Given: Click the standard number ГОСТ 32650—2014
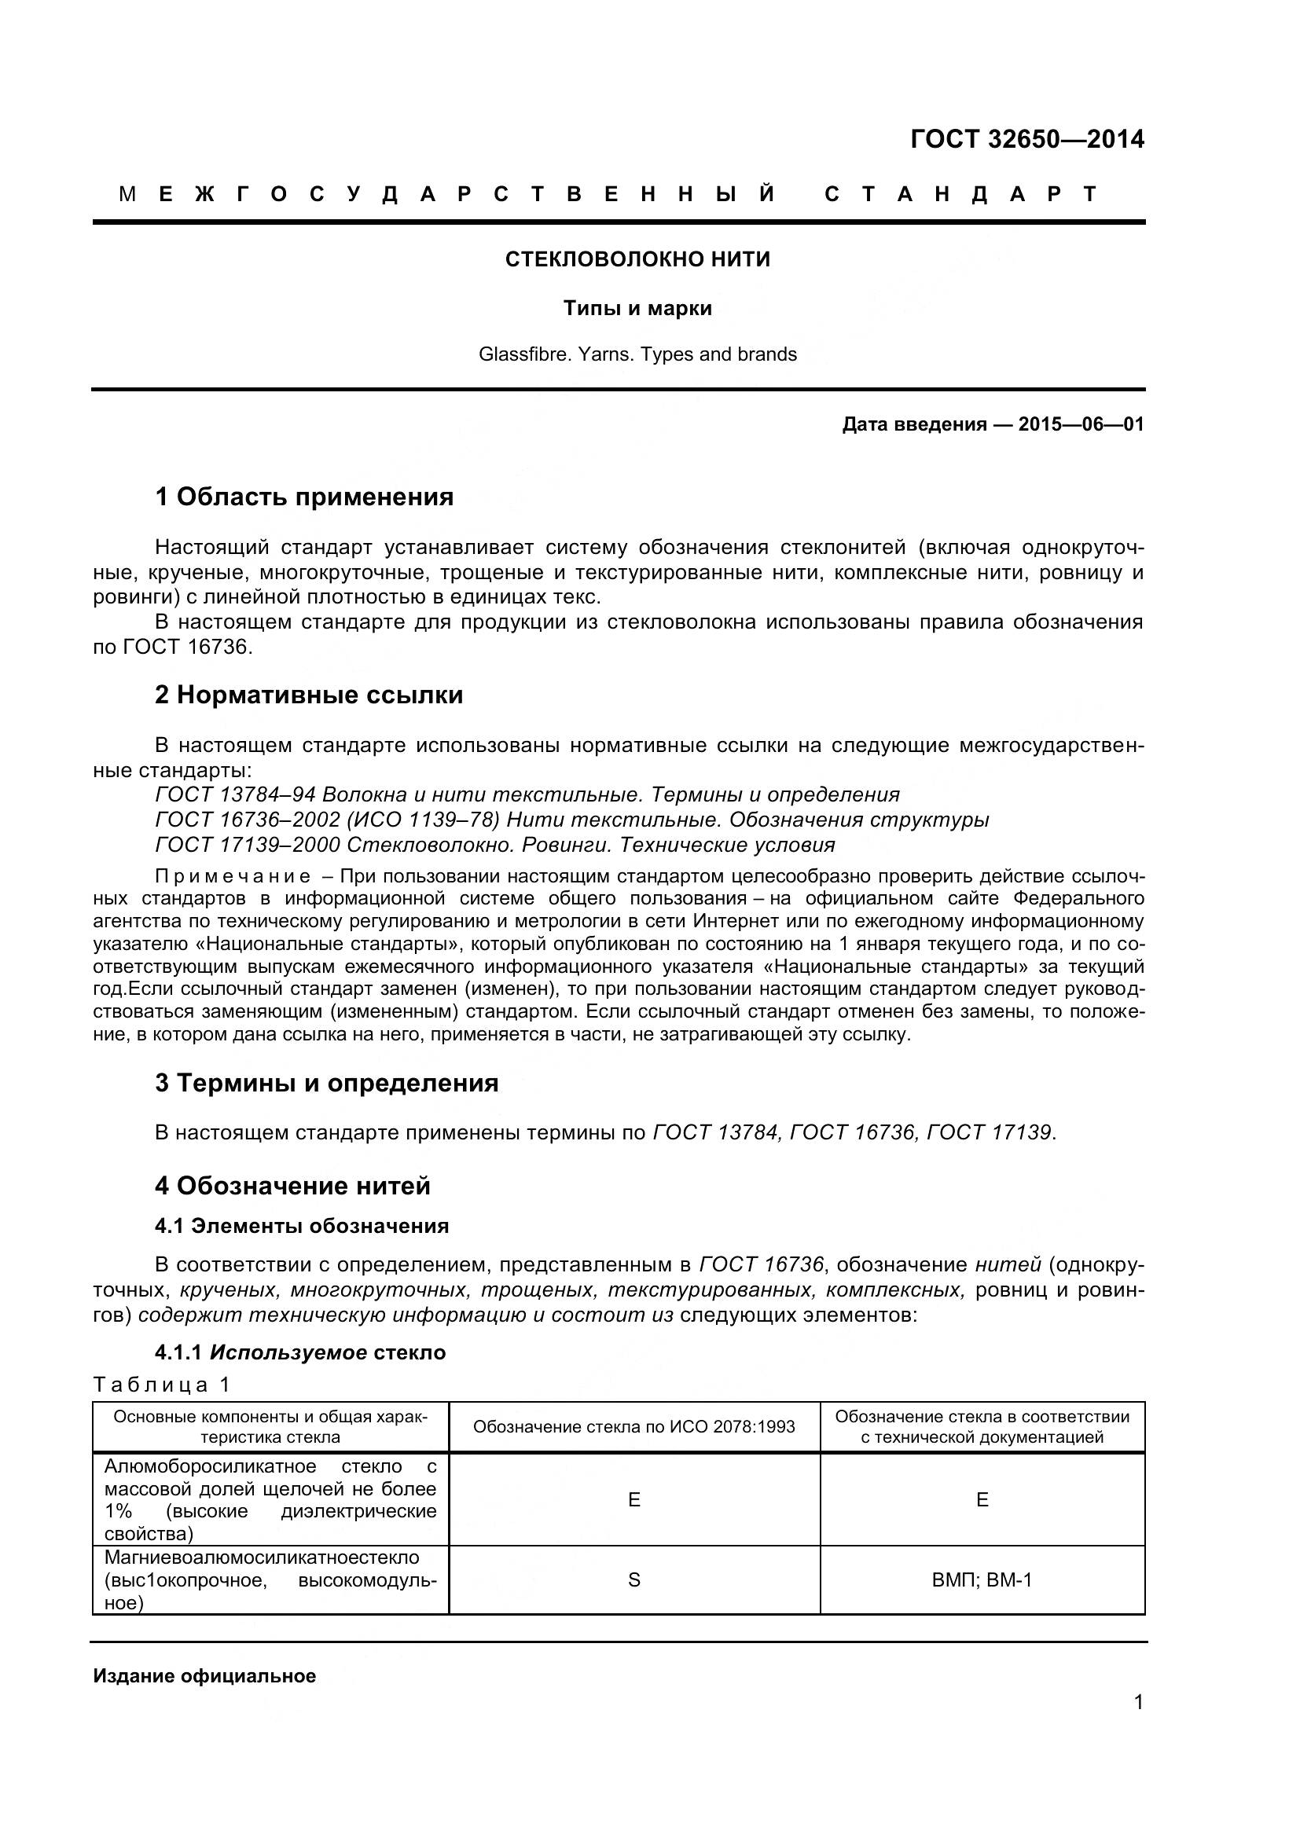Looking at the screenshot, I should [x=1027, y=139].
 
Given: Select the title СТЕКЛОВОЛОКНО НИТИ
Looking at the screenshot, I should [x=637, y=259].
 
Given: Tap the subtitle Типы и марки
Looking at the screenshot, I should [x=637, y=308].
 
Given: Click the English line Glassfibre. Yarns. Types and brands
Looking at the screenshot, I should [x=637, y=354].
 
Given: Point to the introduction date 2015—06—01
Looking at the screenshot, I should [x=1081, y=424].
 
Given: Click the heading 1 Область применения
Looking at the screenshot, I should [x=304, y=497].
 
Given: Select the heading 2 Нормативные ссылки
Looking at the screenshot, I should [x=309, y=695].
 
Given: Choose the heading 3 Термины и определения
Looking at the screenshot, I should [x=327, y=1083].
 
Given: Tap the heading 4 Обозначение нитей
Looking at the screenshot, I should [x=292, y=1186].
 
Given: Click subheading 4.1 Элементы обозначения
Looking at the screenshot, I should [x=302, y=1226].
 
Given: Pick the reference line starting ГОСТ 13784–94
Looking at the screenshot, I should [x=527, y=795].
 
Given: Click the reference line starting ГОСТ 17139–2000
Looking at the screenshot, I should [x=494, y=845].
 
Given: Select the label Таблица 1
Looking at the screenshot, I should [x=162, y=1384].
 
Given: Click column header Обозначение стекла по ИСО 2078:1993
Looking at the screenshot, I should [x=634, y=1426].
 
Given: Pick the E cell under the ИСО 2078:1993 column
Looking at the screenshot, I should [x=634, y=1499].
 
